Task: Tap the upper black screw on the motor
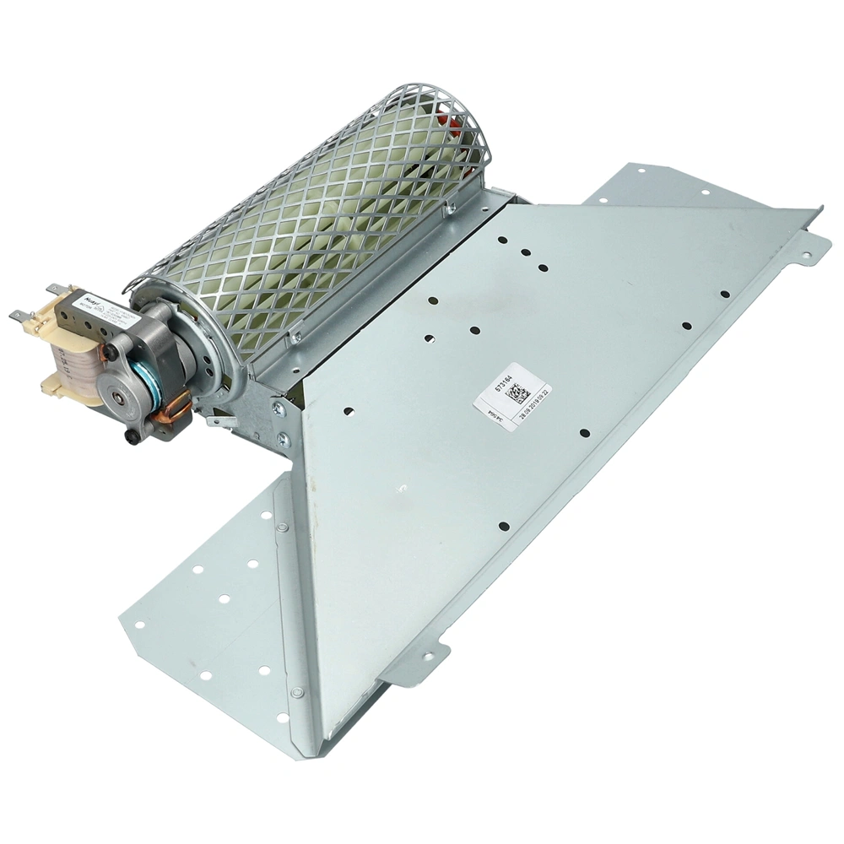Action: (x=111, y=349)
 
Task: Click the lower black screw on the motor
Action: (x=133, y=436)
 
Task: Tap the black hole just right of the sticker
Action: (x=584, y=433)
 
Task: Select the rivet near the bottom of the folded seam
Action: (x=296, y=692)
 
